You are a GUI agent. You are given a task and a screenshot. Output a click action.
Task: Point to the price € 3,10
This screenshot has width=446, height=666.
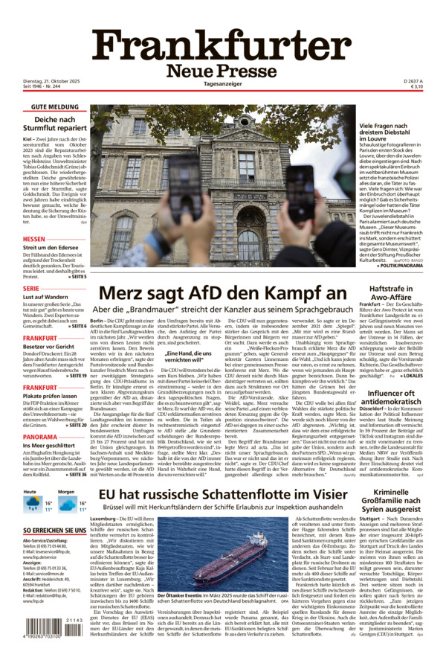(x=416, y=87)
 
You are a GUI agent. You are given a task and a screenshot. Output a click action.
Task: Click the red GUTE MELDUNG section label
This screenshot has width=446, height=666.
(x=54, y=107)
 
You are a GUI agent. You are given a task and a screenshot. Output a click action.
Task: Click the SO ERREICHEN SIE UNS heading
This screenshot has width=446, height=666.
(x=54, y=531)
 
